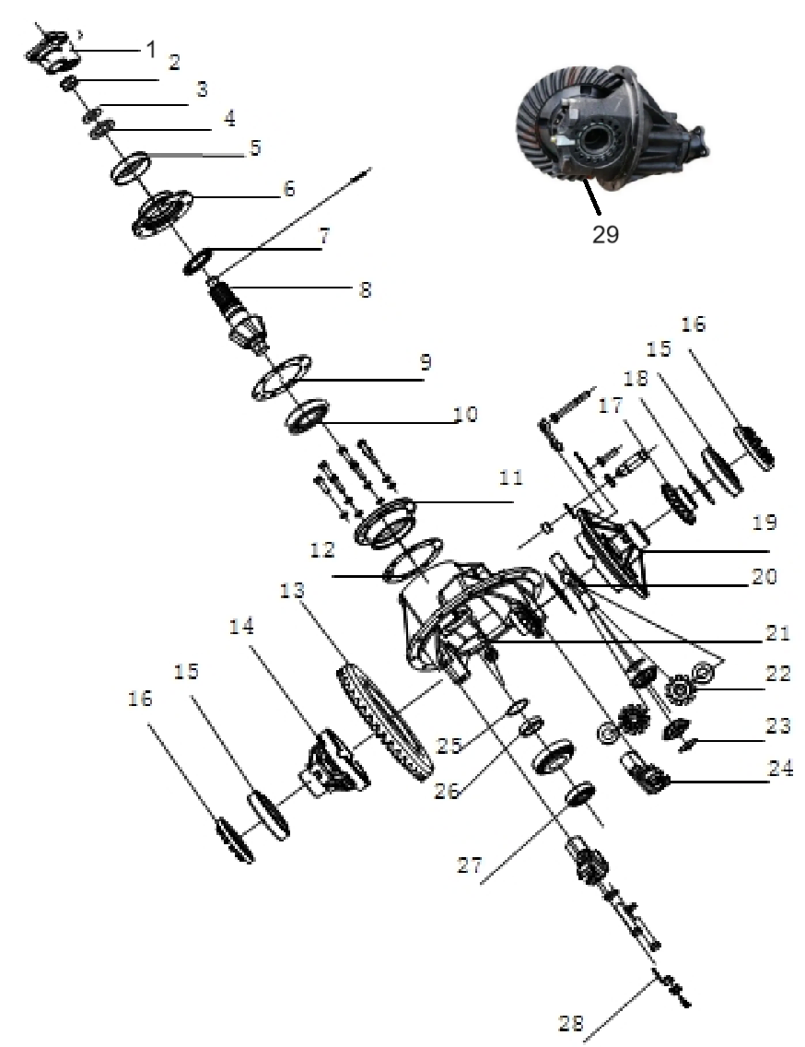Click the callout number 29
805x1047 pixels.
click(x=605, y=234)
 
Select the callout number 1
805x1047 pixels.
click(x=151, y=48)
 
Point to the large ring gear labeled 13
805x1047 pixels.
click(x=382, y=719)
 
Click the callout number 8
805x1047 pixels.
click(x=365, y=288)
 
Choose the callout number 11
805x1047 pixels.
click(x=510, y=478)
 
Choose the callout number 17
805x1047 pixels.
click(x=612, y=405)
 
